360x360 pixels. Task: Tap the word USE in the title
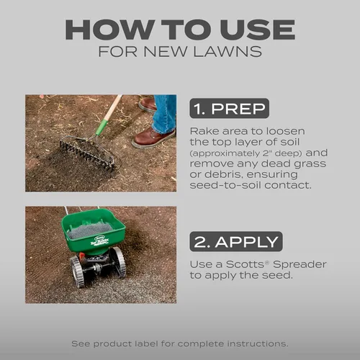[258, 30]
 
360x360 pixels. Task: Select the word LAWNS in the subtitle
[228, 51]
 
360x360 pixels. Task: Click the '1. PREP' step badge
[229, 108]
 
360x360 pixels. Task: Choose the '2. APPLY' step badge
[236, 241]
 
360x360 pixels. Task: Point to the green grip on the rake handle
[102, 127]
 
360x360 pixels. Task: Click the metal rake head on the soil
[86, 152]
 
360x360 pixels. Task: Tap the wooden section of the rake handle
[113, 107]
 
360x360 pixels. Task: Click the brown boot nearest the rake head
[154, 138]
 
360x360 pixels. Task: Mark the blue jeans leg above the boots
[165, 113]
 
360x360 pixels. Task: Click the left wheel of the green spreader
[78, 271]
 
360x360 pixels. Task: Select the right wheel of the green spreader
[119, 262]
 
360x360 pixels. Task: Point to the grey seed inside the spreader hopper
[90, 230]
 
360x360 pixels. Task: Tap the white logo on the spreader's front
[99, 240]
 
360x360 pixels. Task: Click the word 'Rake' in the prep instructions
[204, 131]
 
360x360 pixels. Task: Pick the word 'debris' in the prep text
[222, 174]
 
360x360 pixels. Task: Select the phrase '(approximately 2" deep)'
[246, 153]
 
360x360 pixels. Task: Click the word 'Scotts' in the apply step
[245, 264]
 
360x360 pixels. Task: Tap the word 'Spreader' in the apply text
[300, 264]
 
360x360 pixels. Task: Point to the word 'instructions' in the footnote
[258, 343]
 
